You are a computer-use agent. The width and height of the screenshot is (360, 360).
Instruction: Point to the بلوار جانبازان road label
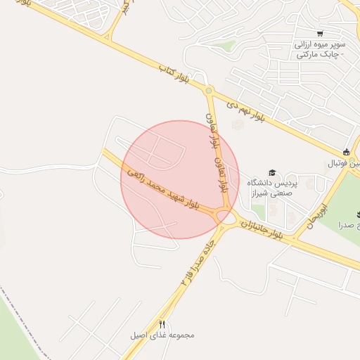coord(262,229)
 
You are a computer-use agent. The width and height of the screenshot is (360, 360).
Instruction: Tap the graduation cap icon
coord(272,172)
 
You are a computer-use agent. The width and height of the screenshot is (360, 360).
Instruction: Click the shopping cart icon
coord(321,34)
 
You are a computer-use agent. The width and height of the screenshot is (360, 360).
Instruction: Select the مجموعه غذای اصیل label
coord(162,335)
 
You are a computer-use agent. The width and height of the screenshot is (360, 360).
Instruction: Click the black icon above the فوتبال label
coord(345,153)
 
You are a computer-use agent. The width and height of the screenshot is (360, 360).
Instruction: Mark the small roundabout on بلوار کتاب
coord(208,91)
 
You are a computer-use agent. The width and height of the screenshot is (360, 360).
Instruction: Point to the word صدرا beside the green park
coord(349,225)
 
